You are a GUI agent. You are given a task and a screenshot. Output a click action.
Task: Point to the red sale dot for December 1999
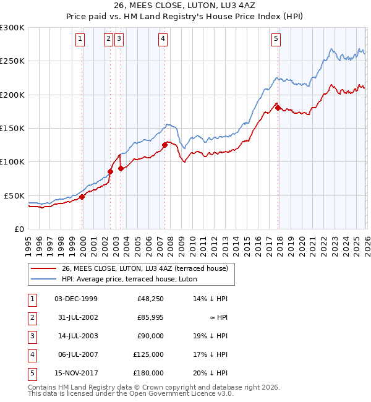click(82, 197)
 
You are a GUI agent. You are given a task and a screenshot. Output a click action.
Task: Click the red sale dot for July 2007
click(164, 145)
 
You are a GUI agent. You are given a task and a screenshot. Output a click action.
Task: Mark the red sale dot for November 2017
click(278, 108)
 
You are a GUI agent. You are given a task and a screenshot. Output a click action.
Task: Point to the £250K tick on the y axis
click(12, 61)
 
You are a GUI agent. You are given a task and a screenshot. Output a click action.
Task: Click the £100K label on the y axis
click(12, 162)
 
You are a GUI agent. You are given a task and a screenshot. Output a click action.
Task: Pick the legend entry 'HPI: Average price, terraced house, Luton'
click(129, 280)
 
